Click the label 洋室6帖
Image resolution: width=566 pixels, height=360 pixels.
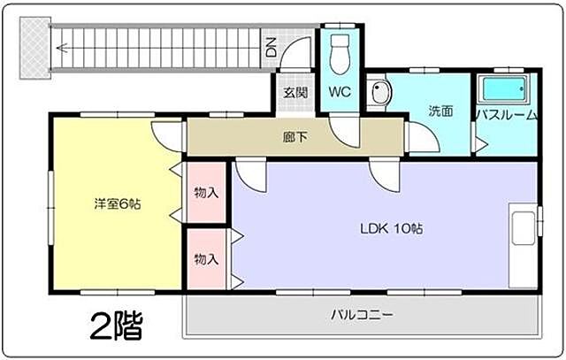pos(118,204)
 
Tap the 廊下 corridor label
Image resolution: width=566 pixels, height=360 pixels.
pos(295,137)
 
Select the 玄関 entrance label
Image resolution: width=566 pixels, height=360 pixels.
pos(294,92)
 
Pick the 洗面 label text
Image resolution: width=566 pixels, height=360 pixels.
pos(440,111)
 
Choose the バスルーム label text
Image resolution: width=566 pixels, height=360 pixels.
pos(505,115)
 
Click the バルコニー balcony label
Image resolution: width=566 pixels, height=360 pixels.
pos(363,315)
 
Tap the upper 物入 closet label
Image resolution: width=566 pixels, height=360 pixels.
pos(207,191)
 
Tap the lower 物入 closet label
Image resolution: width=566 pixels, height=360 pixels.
pos(207,259)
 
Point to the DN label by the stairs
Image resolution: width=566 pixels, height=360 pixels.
pos(271,47)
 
